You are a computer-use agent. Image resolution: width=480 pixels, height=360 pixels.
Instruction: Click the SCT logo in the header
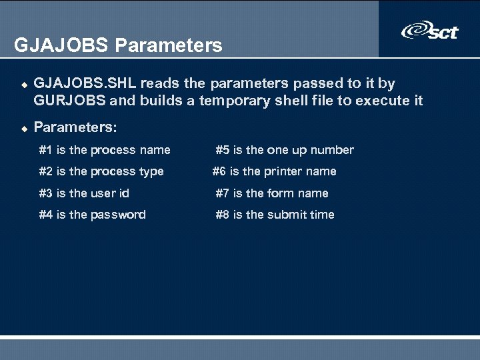point(430,31)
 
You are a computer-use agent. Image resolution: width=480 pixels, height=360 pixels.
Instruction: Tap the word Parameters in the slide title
point(169,45)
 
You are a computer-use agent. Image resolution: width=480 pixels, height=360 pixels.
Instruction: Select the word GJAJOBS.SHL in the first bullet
point(85,83)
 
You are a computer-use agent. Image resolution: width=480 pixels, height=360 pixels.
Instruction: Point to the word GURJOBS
point(70,101)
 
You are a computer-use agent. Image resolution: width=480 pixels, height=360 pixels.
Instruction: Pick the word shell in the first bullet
point(275,101)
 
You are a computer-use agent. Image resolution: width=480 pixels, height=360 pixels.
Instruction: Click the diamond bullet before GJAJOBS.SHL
point(23,85)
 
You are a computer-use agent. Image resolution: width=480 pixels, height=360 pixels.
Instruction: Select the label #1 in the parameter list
point(46,150)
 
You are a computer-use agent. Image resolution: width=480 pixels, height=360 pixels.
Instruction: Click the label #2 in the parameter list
point(46,171)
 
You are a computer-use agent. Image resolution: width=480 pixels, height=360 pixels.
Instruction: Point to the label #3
point(46,193)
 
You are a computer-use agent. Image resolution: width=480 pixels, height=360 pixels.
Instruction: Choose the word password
point(118,215)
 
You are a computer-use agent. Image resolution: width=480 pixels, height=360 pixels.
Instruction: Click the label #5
point(223,150)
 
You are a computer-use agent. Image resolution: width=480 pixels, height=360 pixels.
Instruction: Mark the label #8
point(223,215)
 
